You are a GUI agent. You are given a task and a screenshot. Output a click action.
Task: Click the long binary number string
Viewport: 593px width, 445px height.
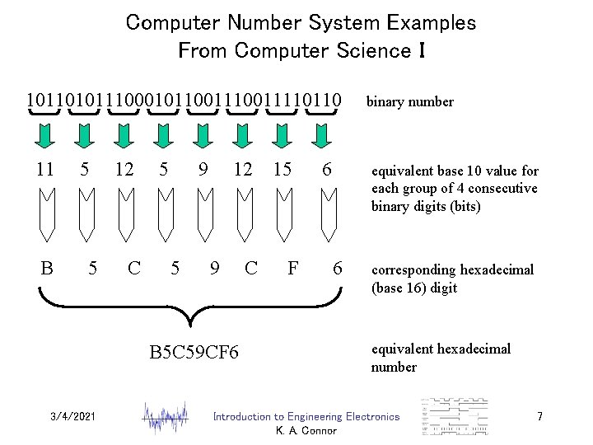[x=184, y=101]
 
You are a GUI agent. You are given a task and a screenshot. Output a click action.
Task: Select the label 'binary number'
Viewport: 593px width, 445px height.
[x=409, y=102]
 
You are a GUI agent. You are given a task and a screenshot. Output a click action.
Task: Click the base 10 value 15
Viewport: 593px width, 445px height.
[x=282, y=170]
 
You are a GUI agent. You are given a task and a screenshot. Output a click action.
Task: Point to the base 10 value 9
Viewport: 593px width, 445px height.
[x=203, y=170]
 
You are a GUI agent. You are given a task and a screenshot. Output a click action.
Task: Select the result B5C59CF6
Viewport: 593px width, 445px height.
[x=194, y=354]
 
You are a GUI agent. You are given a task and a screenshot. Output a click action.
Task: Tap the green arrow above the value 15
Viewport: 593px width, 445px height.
[x=282, y=134]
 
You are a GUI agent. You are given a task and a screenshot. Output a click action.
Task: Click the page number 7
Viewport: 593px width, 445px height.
[x=539, y=417]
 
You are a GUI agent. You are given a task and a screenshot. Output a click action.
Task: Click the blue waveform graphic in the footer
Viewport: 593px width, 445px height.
[x=169, y=416]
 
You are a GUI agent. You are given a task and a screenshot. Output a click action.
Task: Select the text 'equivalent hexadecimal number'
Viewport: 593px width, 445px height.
[x=441, y=358]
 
